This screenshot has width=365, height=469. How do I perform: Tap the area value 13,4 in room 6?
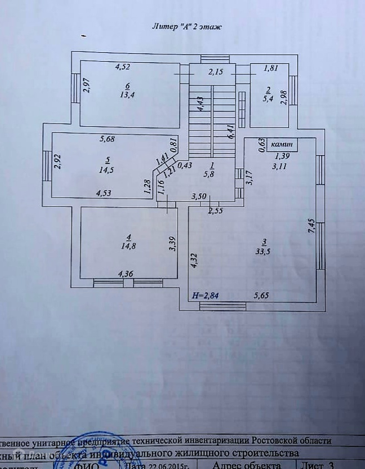pos(128,95)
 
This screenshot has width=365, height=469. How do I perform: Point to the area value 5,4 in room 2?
pos(269,99)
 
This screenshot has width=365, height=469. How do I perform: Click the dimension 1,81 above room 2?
pos(271,68)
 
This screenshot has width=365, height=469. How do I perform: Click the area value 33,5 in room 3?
pos(264,250)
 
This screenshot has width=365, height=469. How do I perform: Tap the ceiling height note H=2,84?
pos(205,295)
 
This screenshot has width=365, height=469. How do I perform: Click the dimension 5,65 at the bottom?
pos(262,295)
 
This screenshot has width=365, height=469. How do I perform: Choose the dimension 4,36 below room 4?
pos(126,273)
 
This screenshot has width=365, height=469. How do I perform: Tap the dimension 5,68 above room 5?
pos(107,139)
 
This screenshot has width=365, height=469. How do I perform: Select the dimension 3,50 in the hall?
pos(199,196)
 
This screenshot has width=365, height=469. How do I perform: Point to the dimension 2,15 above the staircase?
pos(216,72)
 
